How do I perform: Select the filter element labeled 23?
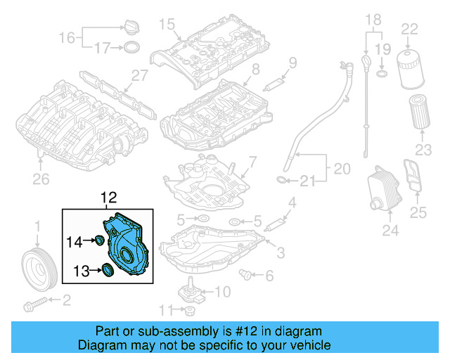pos(420,113)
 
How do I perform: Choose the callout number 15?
pos(165,25)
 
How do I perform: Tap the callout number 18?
pos(373,18)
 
